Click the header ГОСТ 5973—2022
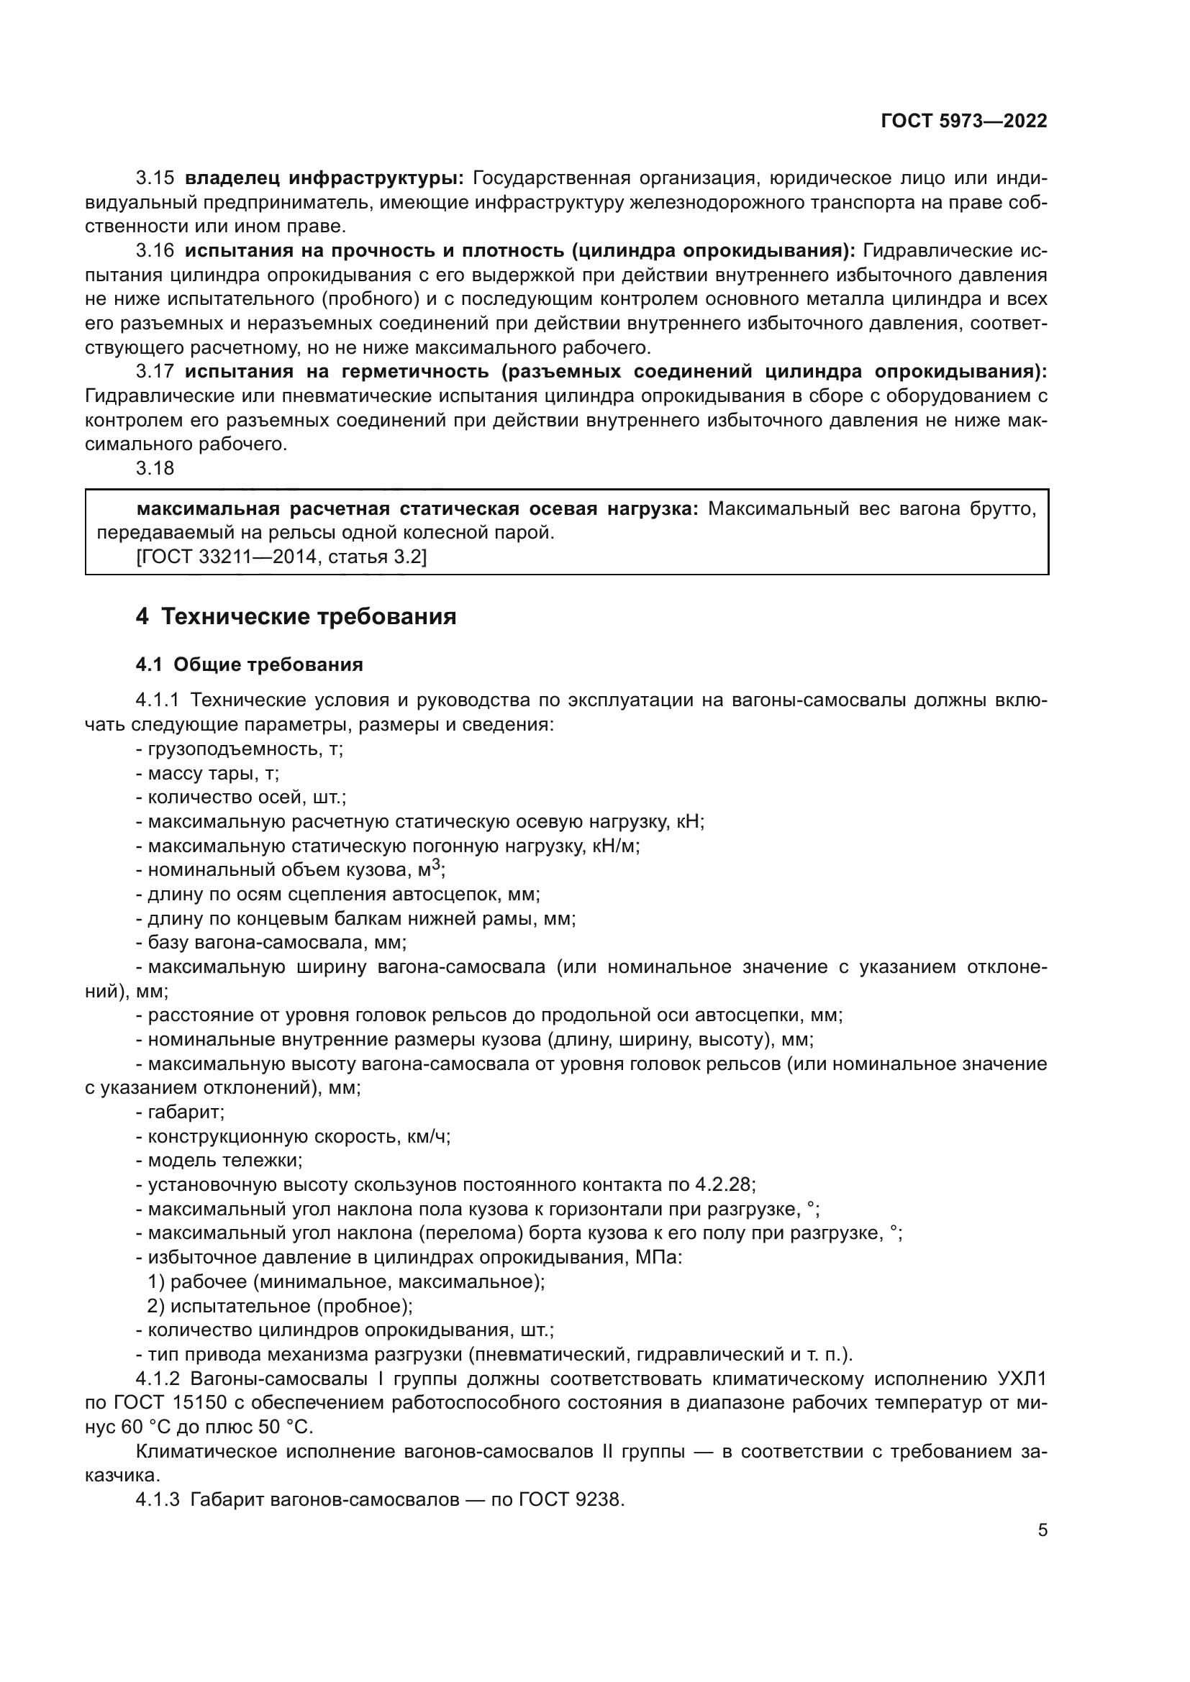tap(963, 122)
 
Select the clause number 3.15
tap(155, 178)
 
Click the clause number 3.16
tap(155, 250)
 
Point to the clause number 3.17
tap(155, 371)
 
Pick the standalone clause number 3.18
tap(155, 468)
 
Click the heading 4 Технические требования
tap(295, 617)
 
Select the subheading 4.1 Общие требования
tap(249, 665)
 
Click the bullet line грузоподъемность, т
tap(240, 749)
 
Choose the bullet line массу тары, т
tap(207, 774)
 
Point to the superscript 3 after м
tap(436, 864)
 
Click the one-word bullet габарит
tap(181, 1112)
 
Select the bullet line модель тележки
tap(220, 1161)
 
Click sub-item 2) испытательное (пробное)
tap(280, 1305)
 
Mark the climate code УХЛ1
tap(1022, 1379)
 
